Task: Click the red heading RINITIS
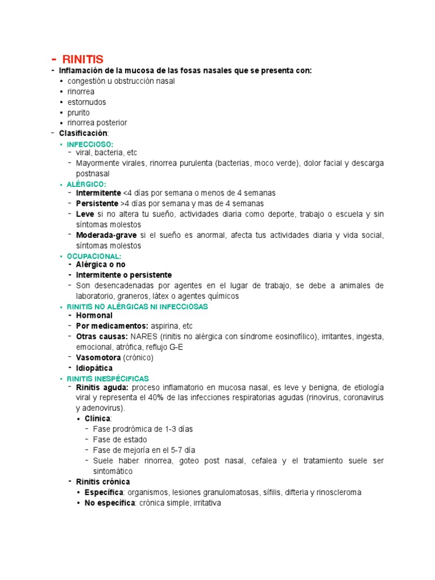81,59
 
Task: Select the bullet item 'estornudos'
86,102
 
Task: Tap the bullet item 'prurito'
78,113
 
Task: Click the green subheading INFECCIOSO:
90,144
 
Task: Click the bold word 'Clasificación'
83,133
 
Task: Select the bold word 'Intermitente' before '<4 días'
99,193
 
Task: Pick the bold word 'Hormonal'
94,315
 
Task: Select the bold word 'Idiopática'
94,368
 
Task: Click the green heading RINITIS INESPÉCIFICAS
108,378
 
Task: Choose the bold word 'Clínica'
97,418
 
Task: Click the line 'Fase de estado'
120,440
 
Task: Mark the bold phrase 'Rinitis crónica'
103,481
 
